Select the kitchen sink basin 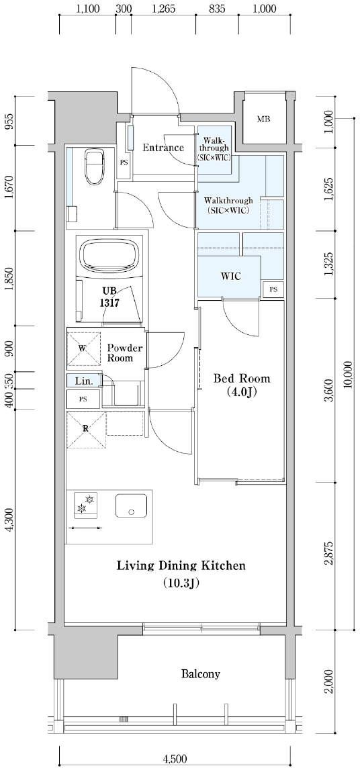131,505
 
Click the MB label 264,119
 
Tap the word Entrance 163,147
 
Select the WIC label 231,276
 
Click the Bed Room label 241,385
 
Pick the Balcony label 200,673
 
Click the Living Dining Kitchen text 181,566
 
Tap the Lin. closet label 83,380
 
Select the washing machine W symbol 82,348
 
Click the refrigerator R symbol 86,428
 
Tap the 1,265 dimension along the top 163,9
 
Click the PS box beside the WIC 273,290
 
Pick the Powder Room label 125,353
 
